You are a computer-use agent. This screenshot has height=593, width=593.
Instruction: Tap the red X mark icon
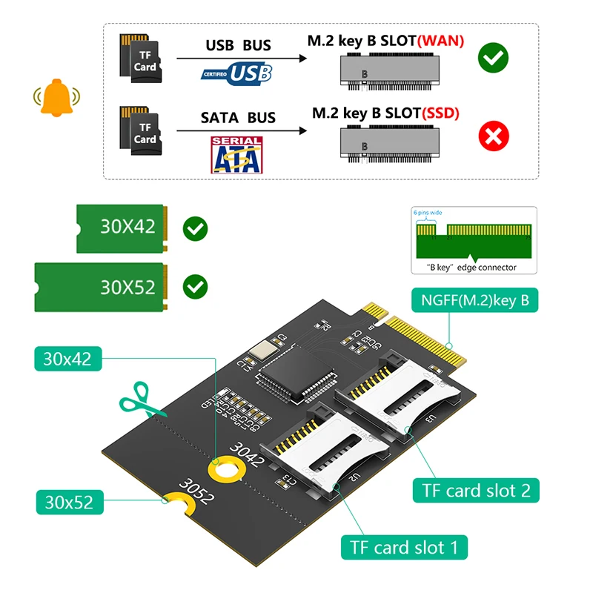[493, 136]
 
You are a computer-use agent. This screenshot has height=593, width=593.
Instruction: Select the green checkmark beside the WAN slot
[493, 58]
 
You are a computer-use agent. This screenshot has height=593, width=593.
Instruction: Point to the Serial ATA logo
[236, 153]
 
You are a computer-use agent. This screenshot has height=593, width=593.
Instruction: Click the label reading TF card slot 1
[404, 548]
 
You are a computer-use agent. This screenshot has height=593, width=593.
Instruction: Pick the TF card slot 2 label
[476, 490]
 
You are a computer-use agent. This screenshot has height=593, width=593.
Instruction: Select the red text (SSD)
[440, 113]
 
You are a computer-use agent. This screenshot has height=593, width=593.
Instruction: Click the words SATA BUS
[238, 117]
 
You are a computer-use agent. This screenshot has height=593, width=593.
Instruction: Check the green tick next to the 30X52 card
[196, 285]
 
